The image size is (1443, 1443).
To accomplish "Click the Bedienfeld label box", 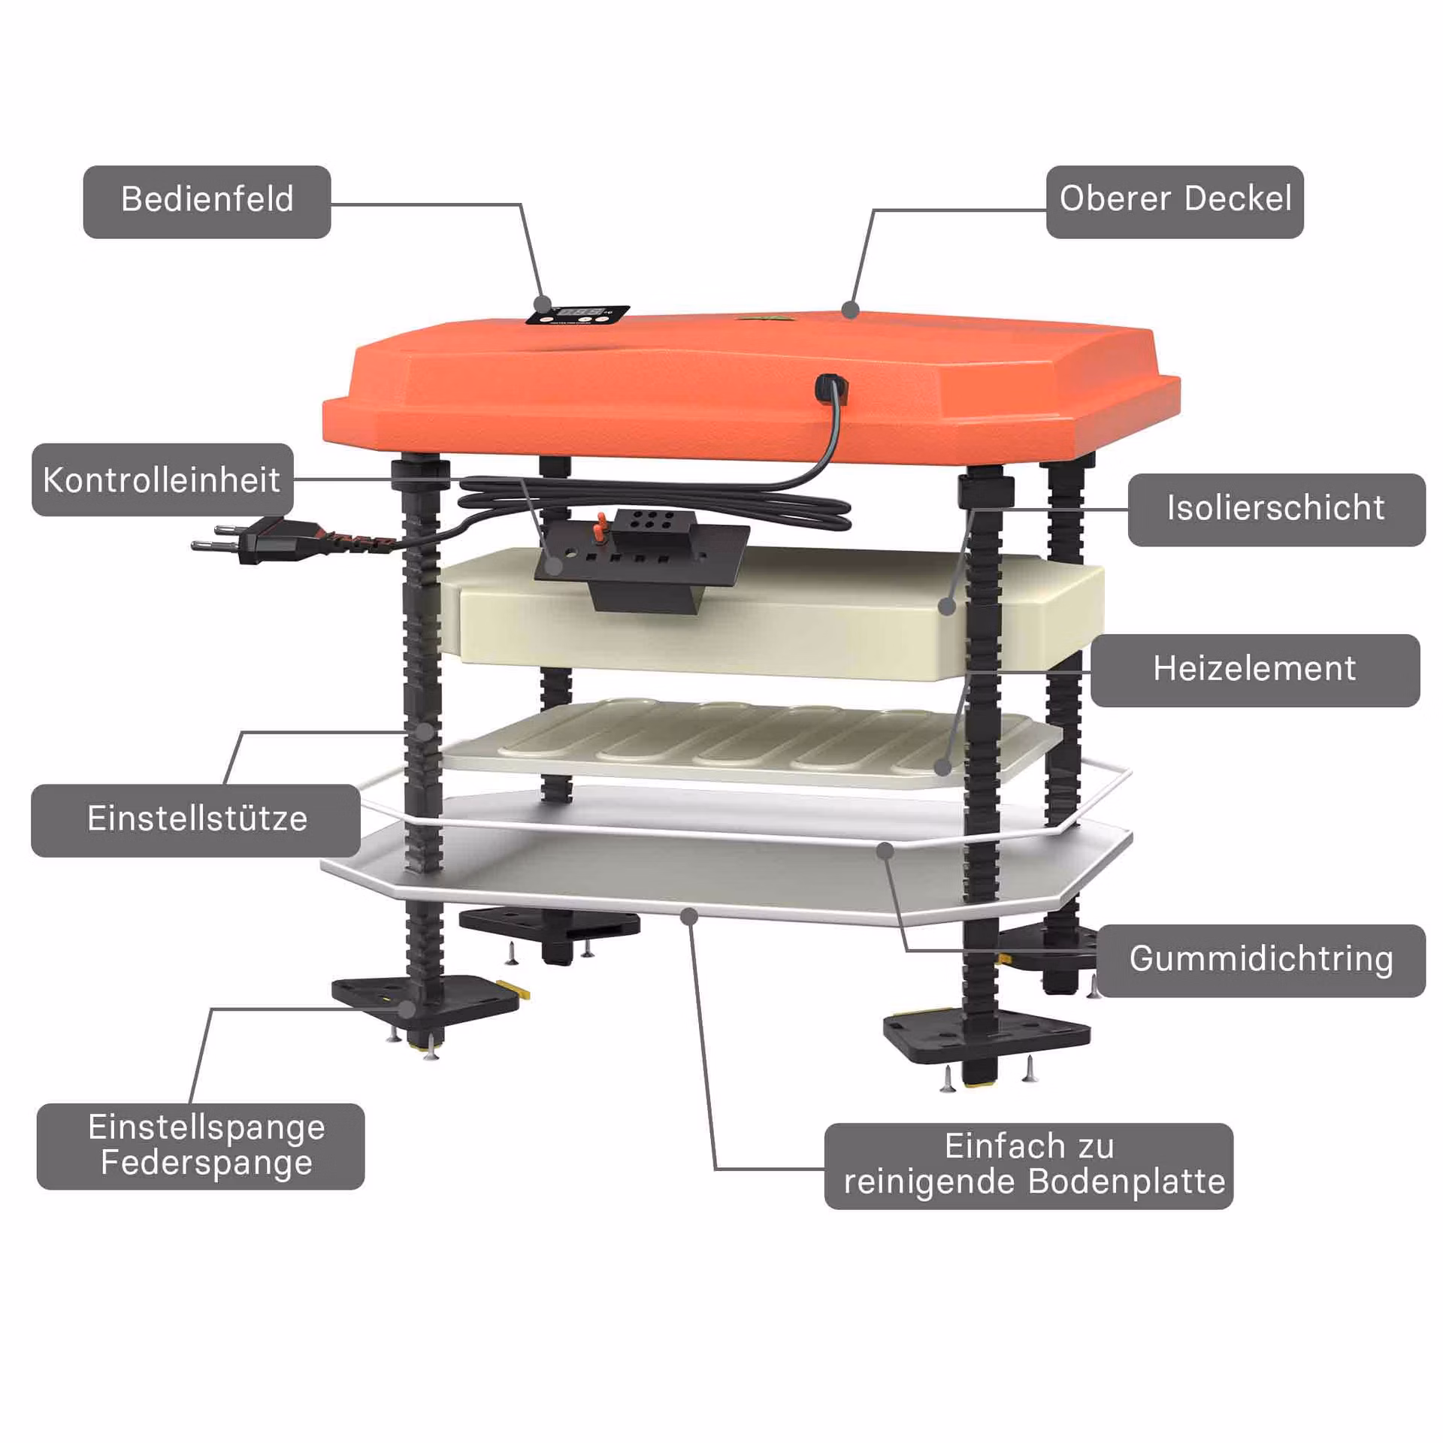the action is point(207,201).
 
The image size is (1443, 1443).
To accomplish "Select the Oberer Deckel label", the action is point(1175,201).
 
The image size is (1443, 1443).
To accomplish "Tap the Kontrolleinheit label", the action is point(162,479).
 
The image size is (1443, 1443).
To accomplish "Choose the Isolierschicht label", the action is point(1276,510).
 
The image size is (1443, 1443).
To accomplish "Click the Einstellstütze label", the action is point(195,821).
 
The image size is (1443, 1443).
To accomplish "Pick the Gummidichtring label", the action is point(1261,961).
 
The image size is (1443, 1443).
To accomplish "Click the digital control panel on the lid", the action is point(577,315).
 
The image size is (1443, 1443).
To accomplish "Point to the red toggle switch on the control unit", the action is point(600,527).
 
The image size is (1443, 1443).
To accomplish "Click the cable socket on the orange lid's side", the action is point(830,387).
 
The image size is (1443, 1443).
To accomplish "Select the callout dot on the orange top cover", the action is point(851,309).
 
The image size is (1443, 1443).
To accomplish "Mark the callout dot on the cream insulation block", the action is point(948,607).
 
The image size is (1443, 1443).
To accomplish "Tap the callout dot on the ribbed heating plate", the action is point(942,767).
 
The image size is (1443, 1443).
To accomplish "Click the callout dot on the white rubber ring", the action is point(885,851).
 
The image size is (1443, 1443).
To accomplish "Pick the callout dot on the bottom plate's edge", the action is point(689,915).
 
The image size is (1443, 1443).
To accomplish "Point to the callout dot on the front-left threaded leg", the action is point(425,731).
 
